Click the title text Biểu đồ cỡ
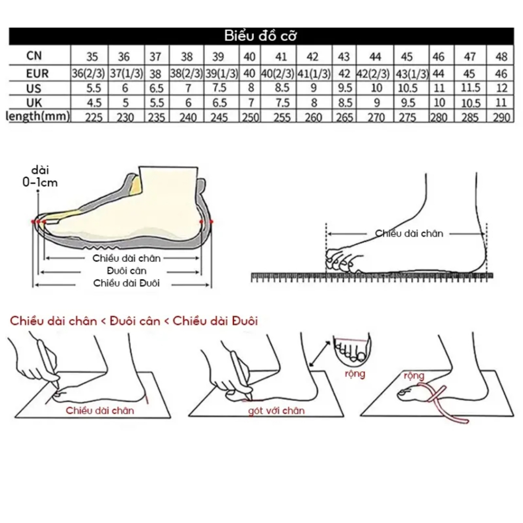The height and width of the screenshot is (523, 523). tap(261, 36)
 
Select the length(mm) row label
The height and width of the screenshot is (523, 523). tap(37, 117)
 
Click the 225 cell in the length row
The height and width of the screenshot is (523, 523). tap(93, 117)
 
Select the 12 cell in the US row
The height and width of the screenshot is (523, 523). tap(502, 88)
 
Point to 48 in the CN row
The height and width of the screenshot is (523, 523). tap(502, 56)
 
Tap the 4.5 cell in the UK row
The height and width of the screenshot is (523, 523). tap(93, 103)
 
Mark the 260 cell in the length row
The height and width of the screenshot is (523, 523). tap(313, 117)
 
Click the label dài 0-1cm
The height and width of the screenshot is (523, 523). tap(43, 176)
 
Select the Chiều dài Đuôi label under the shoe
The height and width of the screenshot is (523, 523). tap(127, 283)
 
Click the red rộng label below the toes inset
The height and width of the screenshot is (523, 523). tap(355, 374)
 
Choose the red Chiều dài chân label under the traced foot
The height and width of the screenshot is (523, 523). tap(100, 411)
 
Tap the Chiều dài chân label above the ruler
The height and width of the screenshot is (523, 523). tap(409, 234)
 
